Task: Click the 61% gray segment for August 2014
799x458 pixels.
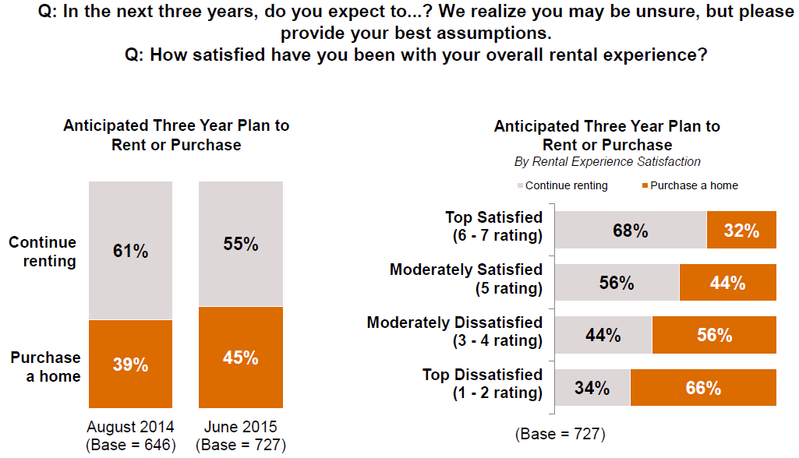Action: pos(130,251)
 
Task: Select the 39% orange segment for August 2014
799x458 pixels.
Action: pos(130,365)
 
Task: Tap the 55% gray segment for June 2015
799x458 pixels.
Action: pos(241,244)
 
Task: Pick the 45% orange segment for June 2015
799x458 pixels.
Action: pos(241,358)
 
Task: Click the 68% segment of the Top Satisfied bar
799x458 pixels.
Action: pos(630,230)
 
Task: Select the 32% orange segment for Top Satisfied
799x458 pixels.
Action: pos(741,230)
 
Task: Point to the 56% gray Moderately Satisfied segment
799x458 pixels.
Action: pos(617,283)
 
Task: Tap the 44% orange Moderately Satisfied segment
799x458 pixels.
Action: pos(727,283)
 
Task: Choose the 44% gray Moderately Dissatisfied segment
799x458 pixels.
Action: pos(603,335)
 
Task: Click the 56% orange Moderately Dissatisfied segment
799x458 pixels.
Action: pos(714,335)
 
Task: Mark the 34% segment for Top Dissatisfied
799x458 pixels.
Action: pos(592,387)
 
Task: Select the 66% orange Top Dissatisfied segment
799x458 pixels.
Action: pos(703,387)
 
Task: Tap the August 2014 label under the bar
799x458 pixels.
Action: pos(130,427)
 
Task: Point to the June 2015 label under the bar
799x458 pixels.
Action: pos(241,427)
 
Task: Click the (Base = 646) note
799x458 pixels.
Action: pos(130,445)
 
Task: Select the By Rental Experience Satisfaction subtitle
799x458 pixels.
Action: pos(607,162)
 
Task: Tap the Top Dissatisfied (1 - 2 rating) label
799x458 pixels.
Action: pos(482,384)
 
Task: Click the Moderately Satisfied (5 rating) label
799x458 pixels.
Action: pos(466,279)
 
